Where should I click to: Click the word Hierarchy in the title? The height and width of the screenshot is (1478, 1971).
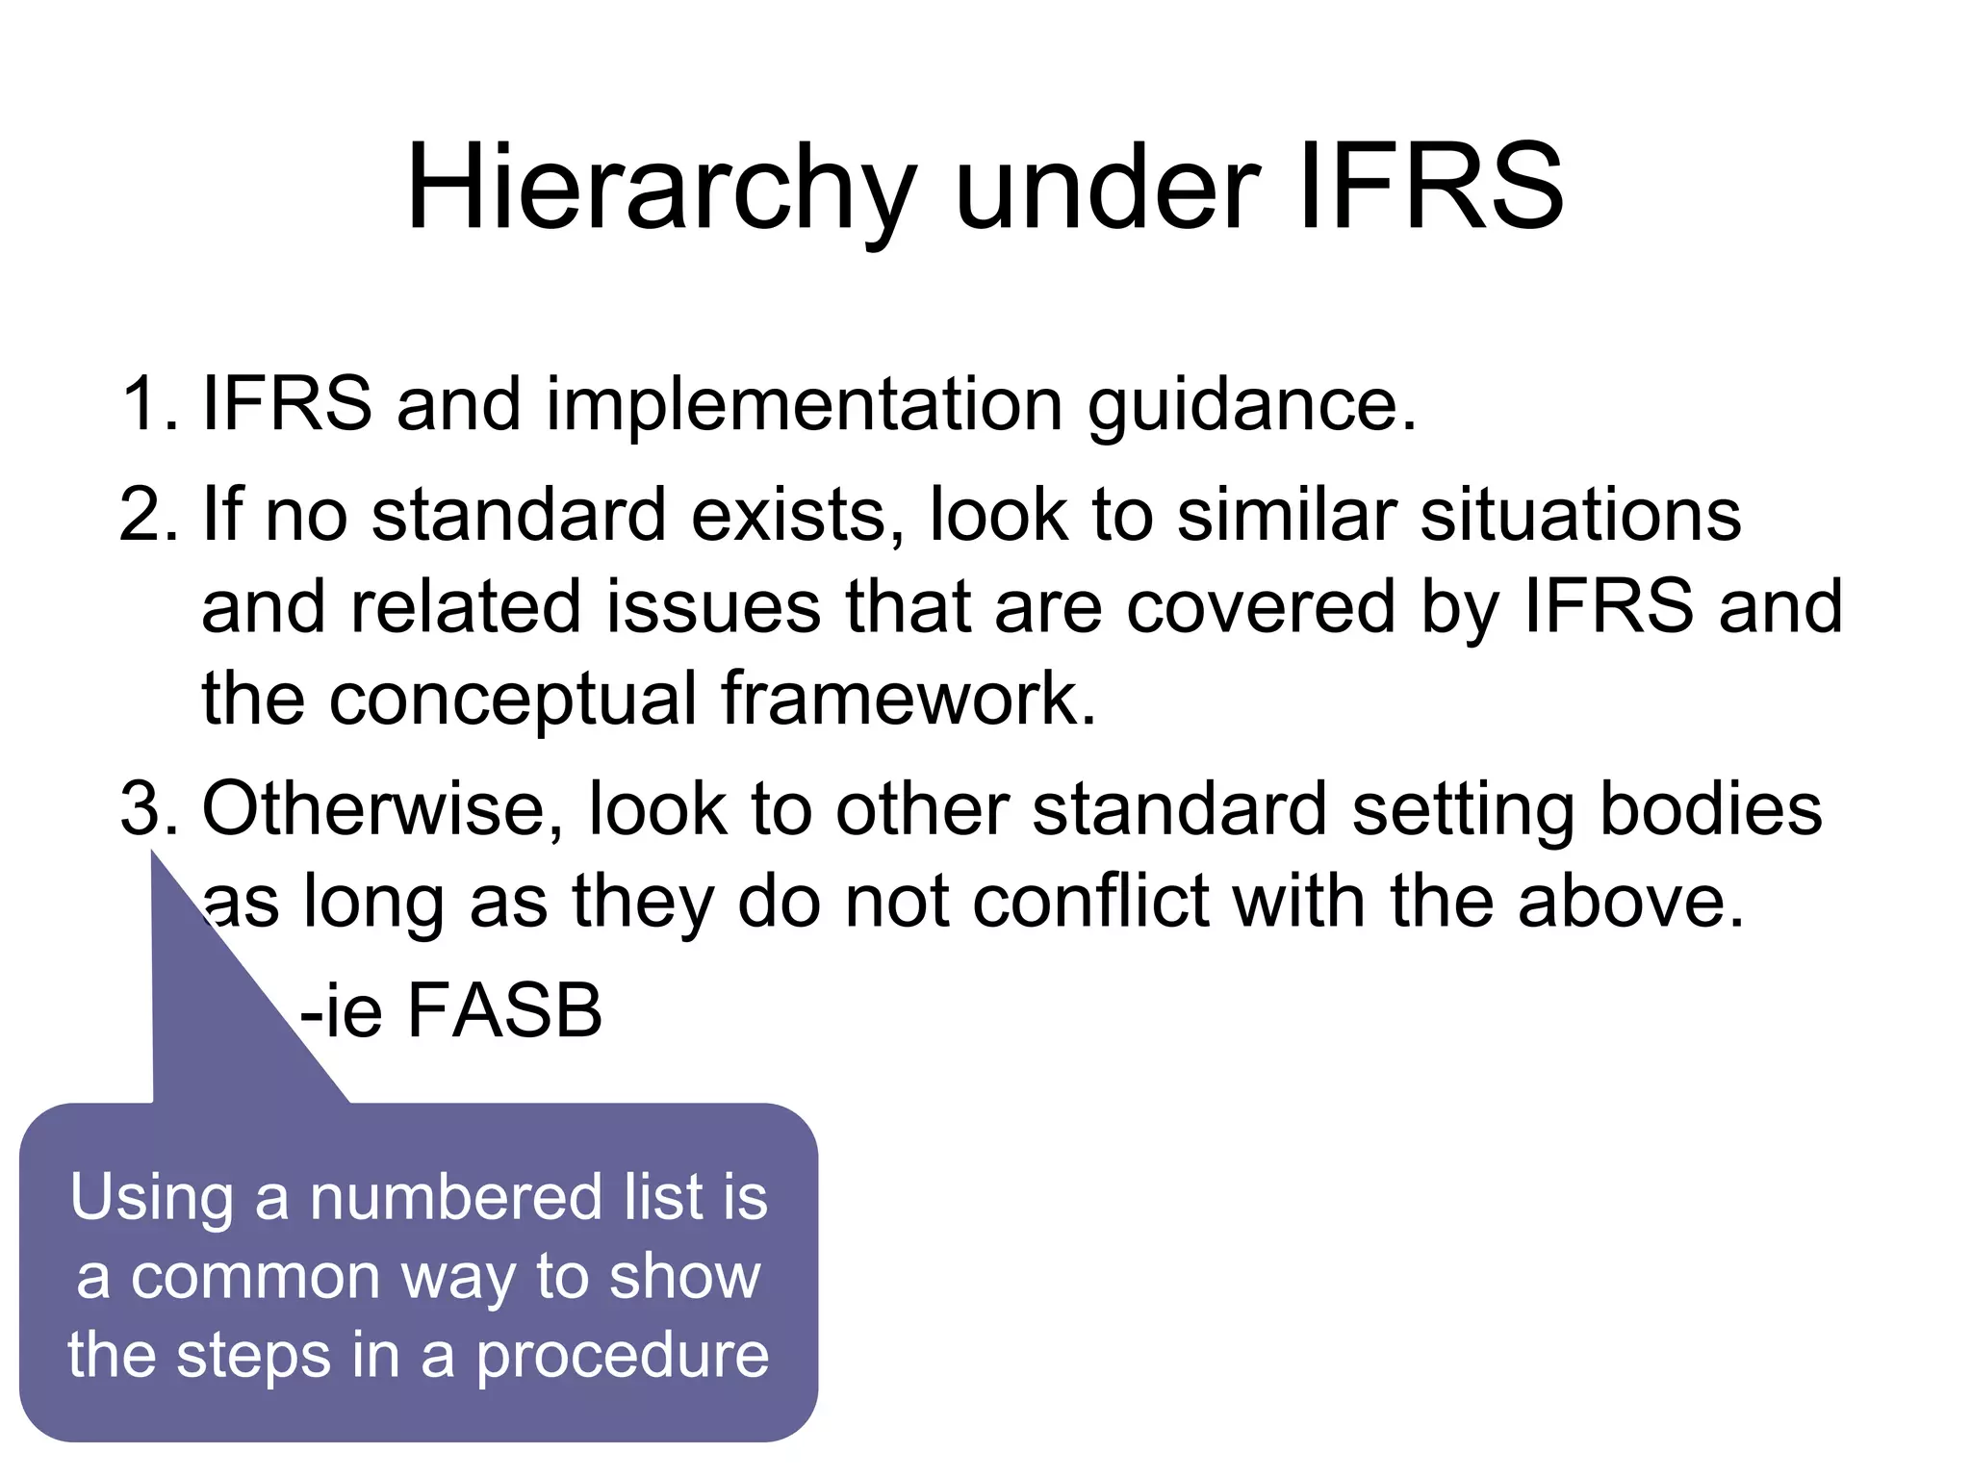pyautogui.click(x=660, y=189)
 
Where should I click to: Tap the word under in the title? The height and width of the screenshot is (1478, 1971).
pyautogui.click(x=1108, y=189)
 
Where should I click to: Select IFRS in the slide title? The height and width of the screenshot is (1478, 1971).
pyautogui.click(x=1431, y=189)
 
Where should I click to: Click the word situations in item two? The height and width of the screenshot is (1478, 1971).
pyautogui.click(x=1580, y=515)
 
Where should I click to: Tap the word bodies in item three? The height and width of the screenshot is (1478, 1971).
pyautogui.click(x=1710, y=808)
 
